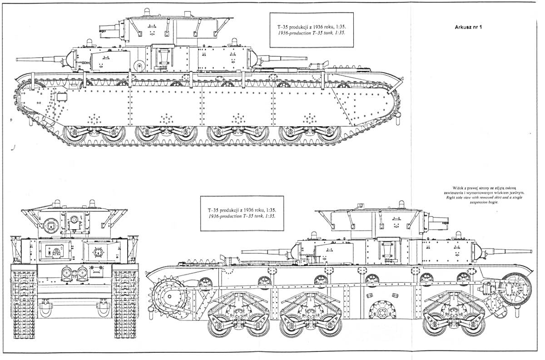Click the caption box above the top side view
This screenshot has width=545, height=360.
(x=312, y=30)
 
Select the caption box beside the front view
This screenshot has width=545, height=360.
(x=242, y=213)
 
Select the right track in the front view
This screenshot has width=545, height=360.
(x=126, y=301)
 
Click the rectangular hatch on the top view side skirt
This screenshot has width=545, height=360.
(x=62, y=97)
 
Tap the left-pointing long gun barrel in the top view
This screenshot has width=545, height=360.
(x=41, y=59)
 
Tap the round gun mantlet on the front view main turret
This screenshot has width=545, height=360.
(x=51, y=226)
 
